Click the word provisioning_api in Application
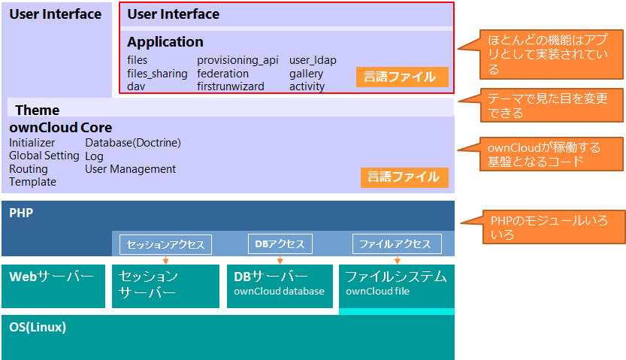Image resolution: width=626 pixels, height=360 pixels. pyautogui.click(x=237, y=60)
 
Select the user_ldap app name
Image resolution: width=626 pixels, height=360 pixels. pyautogui.click(x=313, y=60)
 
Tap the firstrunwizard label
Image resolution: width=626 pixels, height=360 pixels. pyautogui.click(x=231, y=86)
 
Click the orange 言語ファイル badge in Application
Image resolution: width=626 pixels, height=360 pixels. pyautogui.click(x=402, y=77)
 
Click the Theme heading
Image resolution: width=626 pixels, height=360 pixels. pyautogui.click(x=38, y=110)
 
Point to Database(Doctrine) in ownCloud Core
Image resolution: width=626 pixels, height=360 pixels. pyautogui.click(x=133, y=143)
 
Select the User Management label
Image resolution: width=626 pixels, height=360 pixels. pyautogui.click(x=131, y=169)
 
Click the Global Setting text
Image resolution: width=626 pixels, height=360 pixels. pyautogui.click(x=44, y=156)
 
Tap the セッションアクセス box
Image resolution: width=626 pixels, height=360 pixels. pyautogui.click(x=166, y=244)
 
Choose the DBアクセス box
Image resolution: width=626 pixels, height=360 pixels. pyautogui.click(x=280, y=244)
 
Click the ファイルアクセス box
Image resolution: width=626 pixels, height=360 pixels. pyautogui.click(x=397, y=244)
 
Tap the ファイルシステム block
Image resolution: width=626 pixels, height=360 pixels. pyautogui.click(x=396, y=284)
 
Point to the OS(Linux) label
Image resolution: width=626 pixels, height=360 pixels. pyautogui.click(x=38, y=327)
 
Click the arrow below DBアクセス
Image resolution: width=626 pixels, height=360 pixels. pyautogui.click(x=280, y=259)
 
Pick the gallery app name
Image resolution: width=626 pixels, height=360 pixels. pyautogui.click(x=306, y=74)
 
